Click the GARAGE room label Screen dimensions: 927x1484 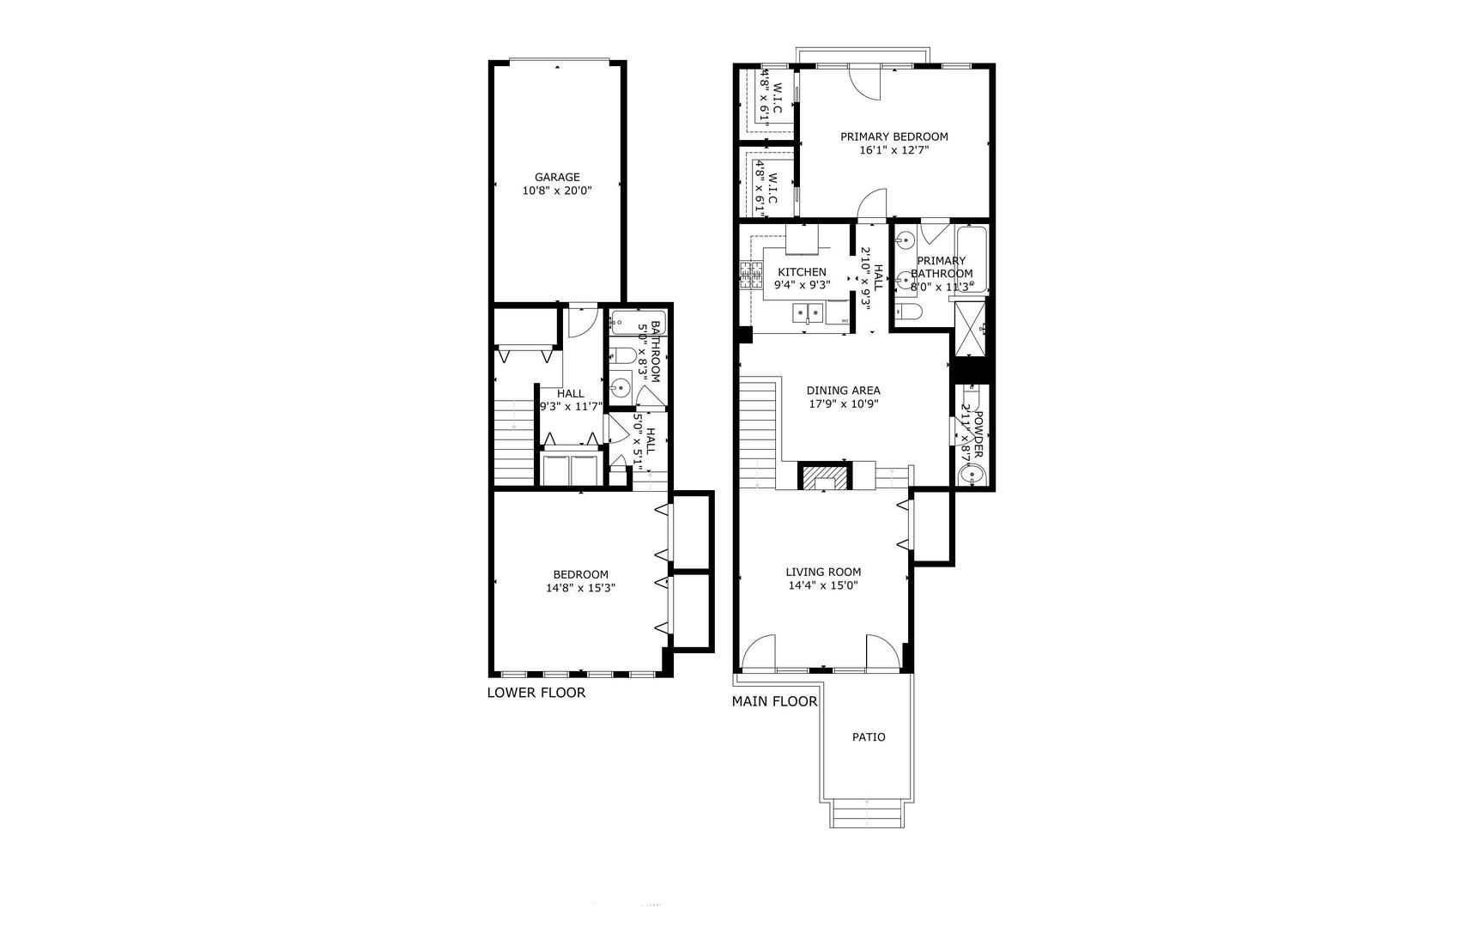[557, 178]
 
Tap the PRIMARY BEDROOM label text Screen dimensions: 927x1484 [893, 136]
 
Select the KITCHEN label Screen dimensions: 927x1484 [802, 272]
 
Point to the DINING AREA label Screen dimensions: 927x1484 [843, 391]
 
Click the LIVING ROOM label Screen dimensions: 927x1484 [823, 572]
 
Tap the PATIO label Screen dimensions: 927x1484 [869, 736]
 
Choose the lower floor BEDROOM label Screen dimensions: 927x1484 [580, 574]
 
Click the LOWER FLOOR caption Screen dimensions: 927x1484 [536, 693]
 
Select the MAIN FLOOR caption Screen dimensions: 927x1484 [774, 701]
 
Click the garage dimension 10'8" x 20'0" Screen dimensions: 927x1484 [557, 191]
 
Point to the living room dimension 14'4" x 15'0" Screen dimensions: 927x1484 [823, 585]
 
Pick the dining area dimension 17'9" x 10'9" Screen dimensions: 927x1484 [843, 404]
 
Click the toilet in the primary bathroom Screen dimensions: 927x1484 [908, 312]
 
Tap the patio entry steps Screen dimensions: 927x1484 [867, 812]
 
